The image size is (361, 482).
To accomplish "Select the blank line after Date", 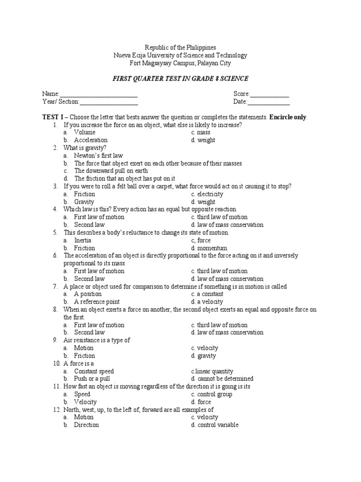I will tap(268, 102).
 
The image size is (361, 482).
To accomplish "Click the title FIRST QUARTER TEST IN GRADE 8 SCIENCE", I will tap(180, 78).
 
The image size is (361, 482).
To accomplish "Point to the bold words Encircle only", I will tap(288, 117).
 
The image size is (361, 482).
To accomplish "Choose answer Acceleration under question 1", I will tap(91, 140).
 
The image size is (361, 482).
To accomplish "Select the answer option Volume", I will tap(85, 133).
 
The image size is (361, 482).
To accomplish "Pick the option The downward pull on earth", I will tap(111, 171).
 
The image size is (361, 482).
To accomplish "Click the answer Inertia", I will tap(84, 241).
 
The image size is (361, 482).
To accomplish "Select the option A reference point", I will tap(97, 302).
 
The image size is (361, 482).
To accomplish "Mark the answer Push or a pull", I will tap(93, 379).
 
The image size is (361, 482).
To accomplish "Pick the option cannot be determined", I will tap(222, 379).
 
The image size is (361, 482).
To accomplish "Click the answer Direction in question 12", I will tap(86, 425).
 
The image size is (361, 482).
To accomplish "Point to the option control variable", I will tap(215, 425).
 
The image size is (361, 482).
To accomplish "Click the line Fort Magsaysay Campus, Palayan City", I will tap(180, 63).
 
